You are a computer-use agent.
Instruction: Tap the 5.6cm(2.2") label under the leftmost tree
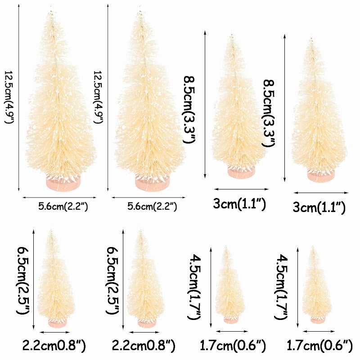(x=63, y=207)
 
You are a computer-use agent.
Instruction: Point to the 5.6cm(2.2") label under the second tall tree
(x=152, y=207)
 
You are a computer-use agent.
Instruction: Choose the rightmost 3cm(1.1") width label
(x=319, y=207)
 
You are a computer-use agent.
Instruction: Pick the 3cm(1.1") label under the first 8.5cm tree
(x=239, y=205)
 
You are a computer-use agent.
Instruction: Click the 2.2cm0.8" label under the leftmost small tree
(x=54, y=346)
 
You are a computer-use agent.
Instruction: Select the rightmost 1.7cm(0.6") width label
(x=319, y=346)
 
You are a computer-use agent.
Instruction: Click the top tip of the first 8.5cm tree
(x=232, y=35)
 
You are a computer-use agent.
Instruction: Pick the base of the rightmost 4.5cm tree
(x=317, y=319)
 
